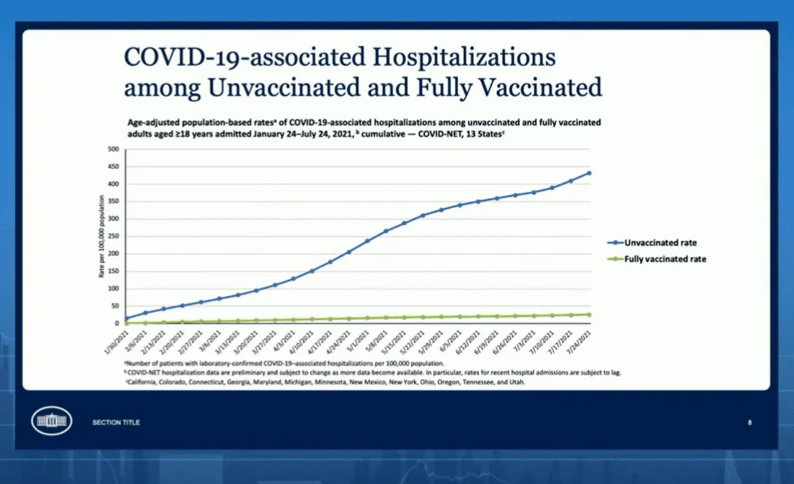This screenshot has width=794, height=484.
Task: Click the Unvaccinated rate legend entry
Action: pos(660,242)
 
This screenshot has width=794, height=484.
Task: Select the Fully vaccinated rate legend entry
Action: pos(664,259)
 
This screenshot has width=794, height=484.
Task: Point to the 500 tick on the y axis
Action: pos(114,149)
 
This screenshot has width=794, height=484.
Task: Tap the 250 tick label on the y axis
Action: pos(114,236)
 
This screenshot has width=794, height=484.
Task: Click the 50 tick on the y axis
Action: pos(115,306)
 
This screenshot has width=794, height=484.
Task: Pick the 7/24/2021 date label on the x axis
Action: pos(580,342)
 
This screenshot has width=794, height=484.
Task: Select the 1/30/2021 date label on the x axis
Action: pos(117,342)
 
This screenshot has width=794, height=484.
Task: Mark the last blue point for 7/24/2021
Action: pos(589,173)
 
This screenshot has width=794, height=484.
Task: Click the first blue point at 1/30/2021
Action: pos(126,319)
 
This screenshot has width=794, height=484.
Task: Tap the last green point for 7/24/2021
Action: pos(589,314)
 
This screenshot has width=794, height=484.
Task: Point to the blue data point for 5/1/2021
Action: pos(367,242)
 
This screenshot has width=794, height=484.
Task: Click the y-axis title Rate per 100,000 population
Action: pos(101,236)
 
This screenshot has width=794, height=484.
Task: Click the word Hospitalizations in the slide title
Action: pos(463,57)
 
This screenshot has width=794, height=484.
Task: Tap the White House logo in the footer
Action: pos(51,421)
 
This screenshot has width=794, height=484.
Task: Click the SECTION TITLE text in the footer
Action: pos(116,423)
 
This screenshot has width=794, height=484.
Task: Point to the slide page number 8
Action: pos(749,423)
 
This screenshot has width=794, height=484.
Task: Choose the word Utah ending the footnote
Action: pos(517,382)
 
